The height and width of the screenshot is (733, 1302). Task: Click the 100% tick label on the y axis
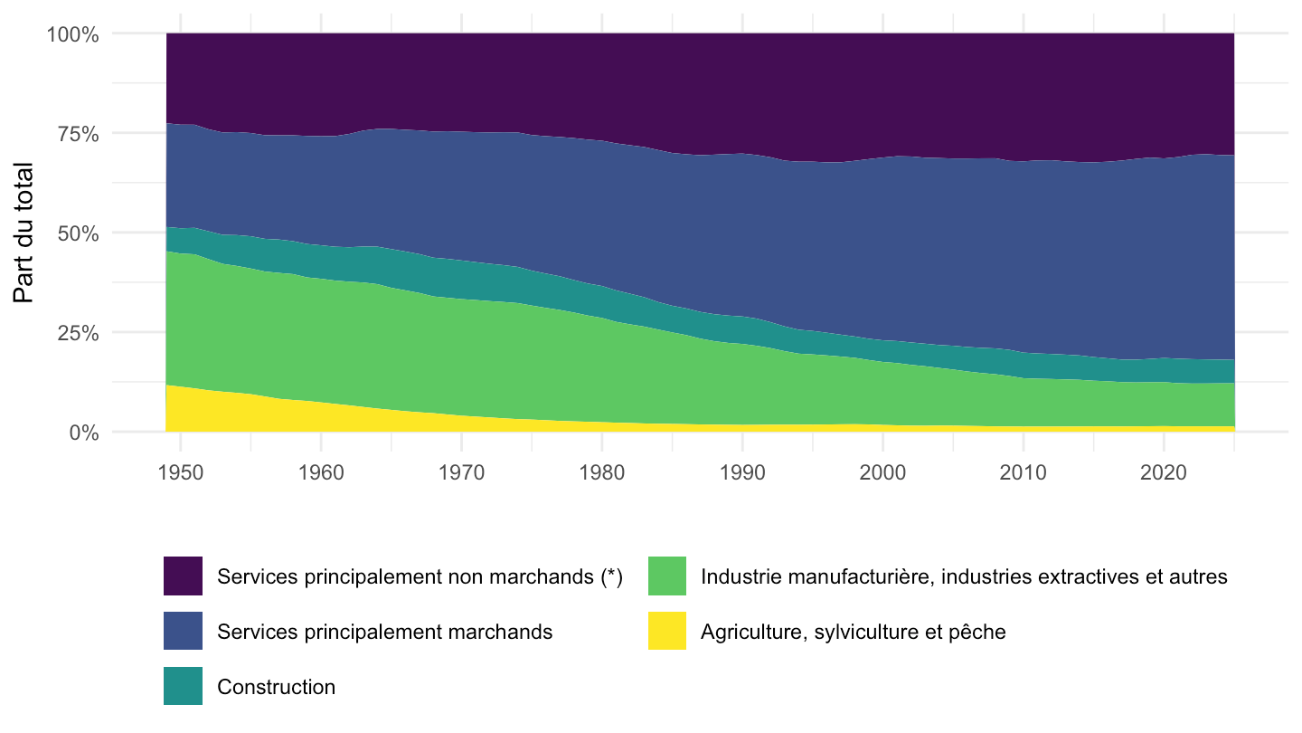point(72,34)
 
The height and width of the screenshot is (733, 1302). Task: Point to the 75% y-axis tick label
point(78,134)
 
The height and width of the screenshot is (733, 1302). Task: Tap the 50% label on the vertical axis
point(78,233)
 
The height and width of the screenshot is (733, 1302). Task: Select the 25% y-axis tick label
point(78,333)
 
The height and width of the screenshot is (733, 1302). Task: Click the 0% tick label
point(84,433)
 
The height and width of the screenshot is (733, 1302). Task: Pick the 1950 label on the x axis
point(181,472)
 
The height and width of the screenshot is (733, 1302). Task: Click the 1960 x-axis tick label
point(321,472)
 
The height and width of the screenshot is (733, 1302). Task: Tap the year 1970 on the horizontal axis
point(461,472)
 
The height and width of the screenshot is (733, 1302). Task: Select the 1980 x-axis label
point(601,472)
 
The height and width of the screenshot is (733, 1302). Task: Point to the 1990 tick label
point(742,472)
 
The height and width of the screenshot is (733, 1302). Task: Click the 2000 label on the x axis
point(882,472)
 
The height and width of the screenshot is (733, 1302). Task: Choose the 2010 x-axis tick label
point(1023,472)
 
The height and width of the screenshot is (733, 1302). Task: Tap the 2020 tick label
point(1164,472)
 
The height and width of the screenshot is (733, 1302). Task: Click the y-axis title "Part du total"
point(24,233)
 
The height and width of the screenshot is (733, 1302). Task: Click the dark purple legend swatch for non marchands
point(183,576)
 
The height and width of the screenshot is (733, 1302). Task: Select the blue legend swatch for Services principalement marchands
point(183,631)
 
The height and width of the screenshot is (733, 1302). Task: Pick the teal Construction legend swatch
point(183,686)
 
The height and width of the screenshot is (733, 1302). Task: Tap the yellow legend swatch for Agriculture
point(667,631)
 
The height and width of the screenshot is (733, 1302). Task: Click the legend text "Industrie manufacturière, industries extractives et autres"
point(964,576)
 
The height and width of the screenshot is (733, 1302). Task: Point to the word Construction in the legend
point(276,687)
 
